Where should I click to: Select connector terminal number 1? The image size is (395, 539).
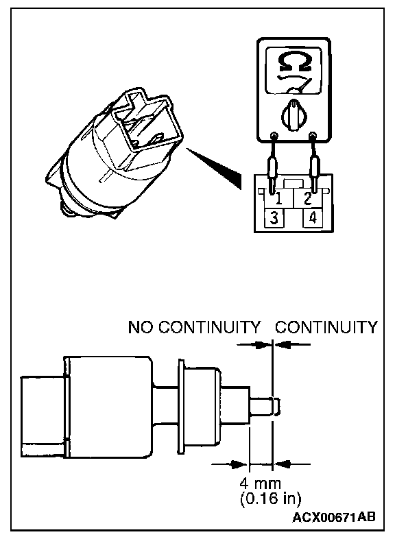click(278, 198)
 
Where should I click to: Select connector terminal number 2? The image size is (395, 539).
click(307, 198)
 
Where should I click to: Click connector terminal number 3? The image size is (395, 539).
click(274, 217)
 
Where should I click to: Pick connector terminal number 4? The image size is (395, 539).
click(312, 217)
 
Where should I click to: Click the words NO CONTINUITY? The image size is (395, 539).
click(194, 327)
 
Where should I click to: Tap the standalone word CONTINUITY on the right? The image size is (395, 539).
click(326, 327)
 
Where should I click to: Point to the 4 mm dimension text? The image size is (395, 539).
click(260, 483)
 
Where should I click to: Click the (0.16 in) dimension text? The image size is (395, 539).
click(270, 499)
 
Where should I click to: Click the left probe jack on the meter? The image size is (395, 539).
click(274, 135)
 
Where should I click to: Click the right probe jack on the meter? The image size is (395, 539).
click(312, 134)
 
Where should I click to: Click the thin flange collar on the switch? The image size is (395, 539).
click(181, 406)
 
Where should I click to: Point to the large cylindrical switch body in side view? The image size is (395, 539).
click(108, 407)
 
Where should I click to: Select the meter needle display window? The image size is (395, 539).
click(294, 71)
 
